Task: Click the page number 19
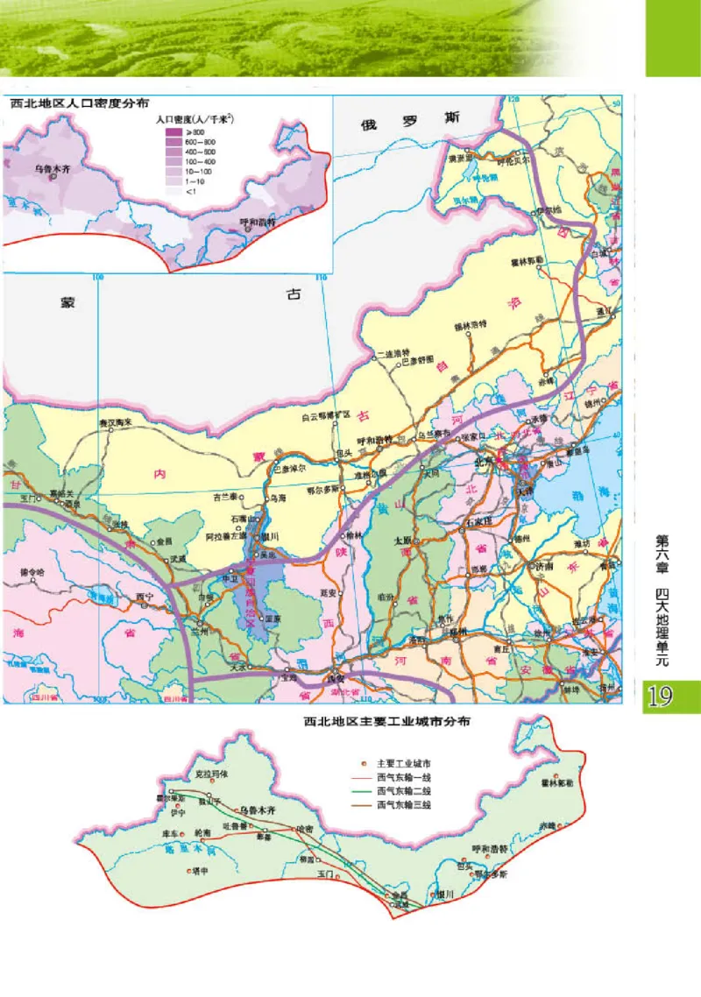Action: click(661, 696)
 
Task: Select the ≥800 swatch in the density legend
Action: click(173, 131)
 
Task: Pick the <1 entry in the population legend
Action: click(173, 190)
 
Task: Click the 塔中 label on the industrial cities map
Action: click(200, 871)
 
